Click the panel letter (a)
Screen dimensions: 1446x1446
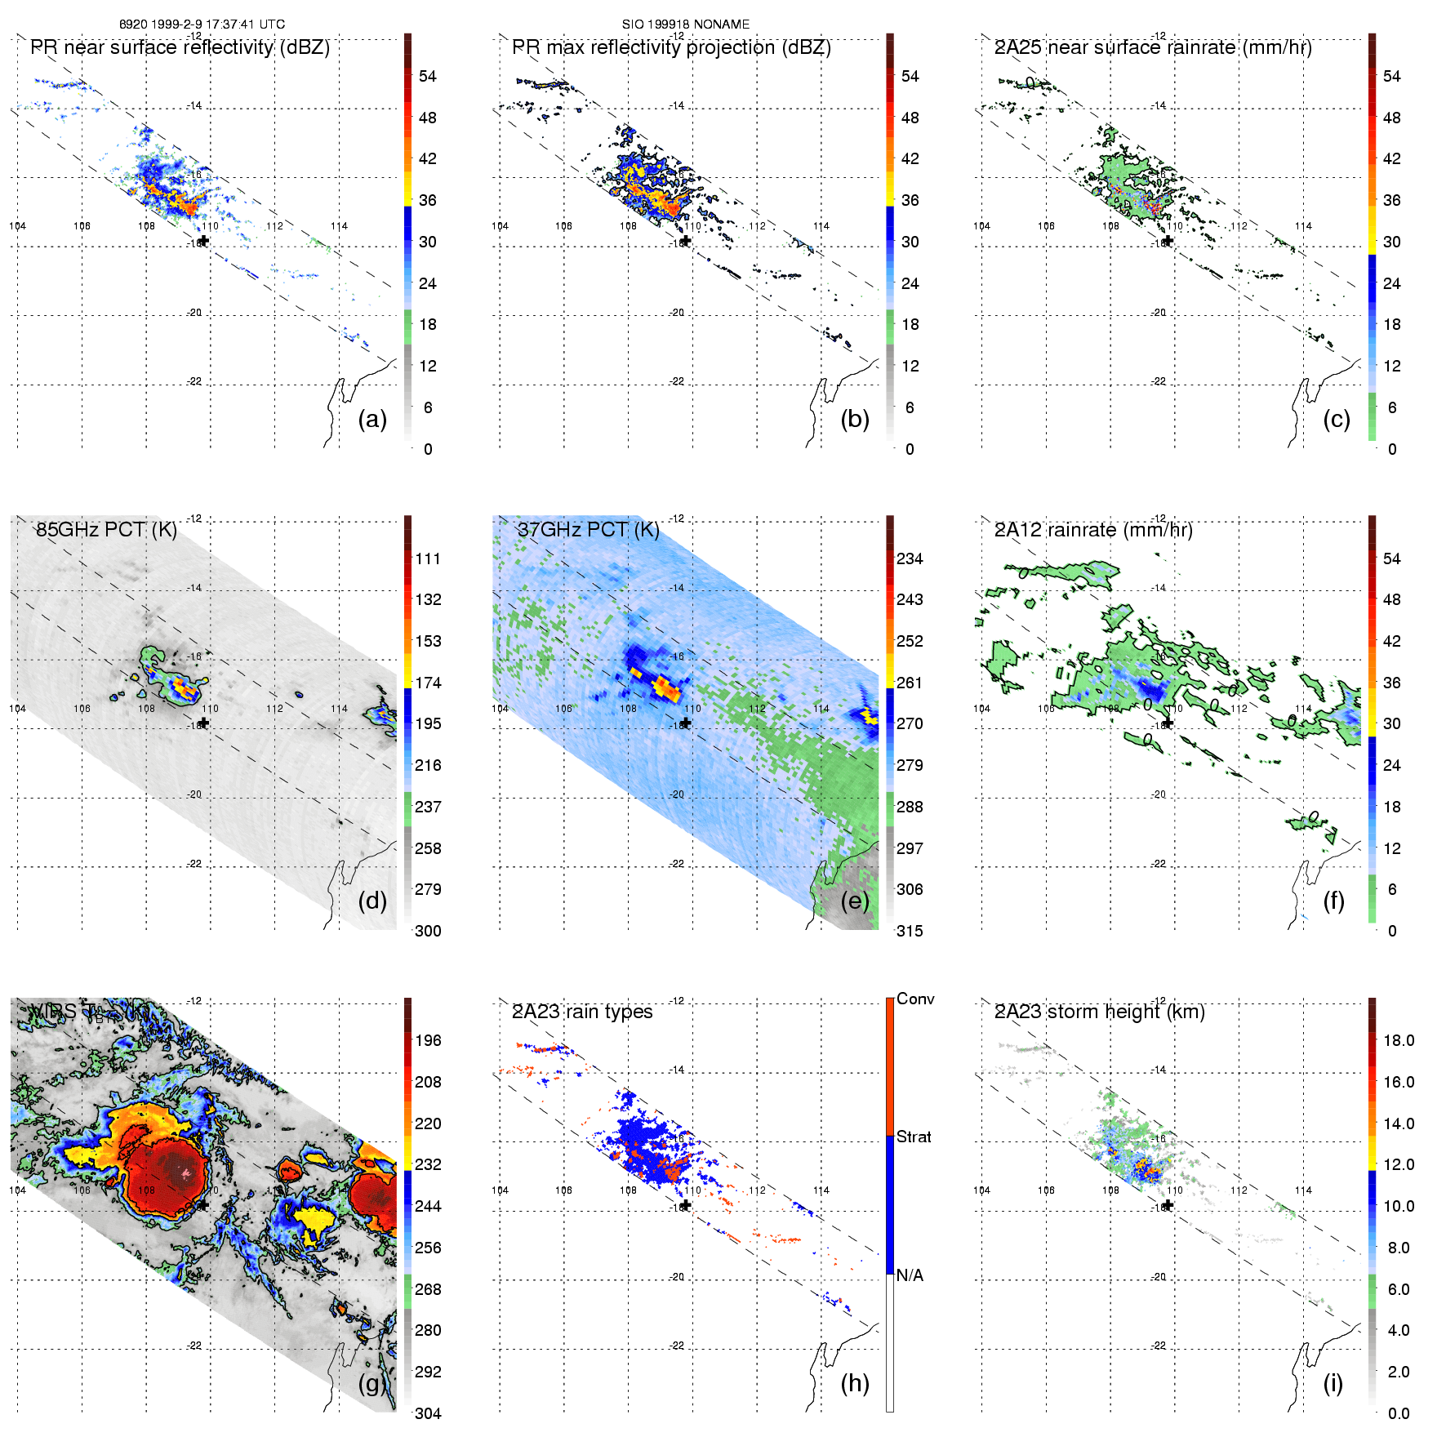coord(372,419)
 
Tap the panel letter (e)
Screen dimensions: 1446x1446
coord(854,901)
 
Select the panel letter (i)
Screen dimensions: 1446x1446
coord(1333,1383)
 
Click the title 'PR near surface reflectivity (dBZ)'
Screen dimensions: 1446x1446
coord(180,47)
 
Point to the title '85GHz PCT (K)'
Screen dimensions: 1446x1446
coord(106,529)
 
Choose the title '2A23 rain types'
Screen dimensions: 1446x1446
coord(581,1012)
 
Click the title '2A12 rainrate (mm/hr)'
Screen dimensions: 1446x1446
coord(1093,530)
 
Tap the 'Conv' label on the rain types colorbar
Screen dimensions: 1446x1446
coord(915,999)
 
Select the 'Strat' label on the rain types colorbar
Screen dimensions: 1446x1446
coord(914,1137)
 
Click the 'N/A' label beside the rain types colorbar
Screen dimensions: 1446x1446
coord(910,1275)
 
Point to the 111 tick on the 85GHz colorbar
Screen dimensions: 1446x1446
coord(428,558)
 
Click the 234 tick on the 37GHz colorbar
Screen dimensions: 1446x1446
coord(910,558)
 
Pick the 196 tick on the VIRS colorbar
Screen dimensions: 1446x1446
coord(428,1040)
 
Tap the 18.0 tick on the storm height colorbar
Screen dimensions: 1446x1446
coord(1399,1040)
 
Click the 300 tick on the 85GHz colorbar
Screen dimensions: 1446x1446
coord(428,931)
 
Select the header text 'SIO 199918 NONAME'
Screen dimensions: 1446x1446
coord(686,24)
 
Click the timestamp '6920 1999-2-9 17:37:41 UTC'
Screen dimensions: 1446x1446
coord(202,24)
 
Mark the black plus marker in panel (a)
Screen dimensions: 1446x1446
coord(204,241)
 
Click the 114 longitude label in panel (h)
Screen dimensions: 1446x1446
coord(821,1190)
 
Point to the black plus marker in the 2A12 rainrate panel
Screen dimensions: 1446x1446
coord(1168,723)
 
